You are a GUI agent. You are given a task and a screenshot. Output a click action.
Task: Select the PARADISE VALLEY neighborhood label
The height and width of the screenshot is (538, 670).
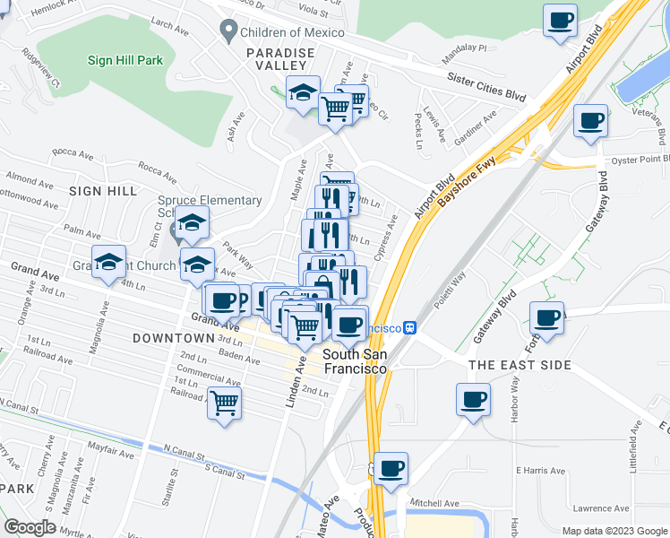coord(281,60)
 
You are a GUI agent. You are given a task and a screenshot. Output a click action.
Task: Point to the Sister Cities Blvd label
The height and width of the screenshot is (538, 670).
coord(487,87)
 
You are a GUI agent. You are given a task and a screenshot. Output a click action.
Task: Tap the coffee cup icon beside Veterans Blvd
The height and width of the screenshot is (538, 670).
coord(590,121)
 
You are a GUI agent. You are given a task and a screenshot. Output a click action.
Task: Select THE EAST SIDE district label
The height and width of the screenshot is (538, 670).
coord(520,365)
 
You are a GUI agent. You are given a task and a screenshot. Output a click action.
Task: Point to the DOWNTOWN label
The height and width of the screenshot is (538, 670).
coord(173,338)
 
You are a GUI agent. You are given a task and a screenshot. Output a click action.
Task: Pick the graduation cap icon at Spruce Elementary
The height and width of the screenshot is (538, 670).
coord(192,223)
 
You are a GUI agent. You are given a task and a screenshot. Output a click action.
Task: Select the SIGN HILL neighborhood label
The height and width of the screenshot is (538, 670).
coord(103,191)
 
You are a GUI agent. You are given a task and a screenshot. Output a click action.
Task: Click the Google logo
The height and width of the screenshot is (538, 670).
coord(30,527)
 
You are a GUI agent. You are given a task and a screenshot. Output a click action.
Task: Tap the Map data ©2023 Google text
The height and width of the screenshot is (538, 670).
coord(614,531)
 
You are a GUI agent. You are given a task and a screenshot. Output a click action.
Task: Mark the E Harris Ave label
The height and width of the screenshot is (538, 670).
coord(540,470)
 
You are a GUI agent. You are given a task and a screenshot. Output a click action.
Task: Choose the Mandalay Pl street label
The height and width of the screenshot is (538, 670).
coord(468,48)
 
